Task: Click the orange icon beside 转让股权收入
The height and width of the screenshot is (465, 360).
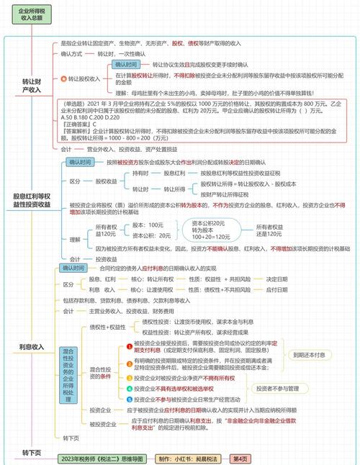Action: tap(63, 78)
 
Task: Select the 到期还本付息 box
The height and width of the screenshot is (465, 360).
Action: tap(309, 356)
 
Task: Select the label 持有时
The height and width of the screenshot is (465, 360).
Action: tap(141, 173)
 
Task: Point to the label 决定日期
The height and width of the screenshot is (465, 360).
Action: tap(276, 279)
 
